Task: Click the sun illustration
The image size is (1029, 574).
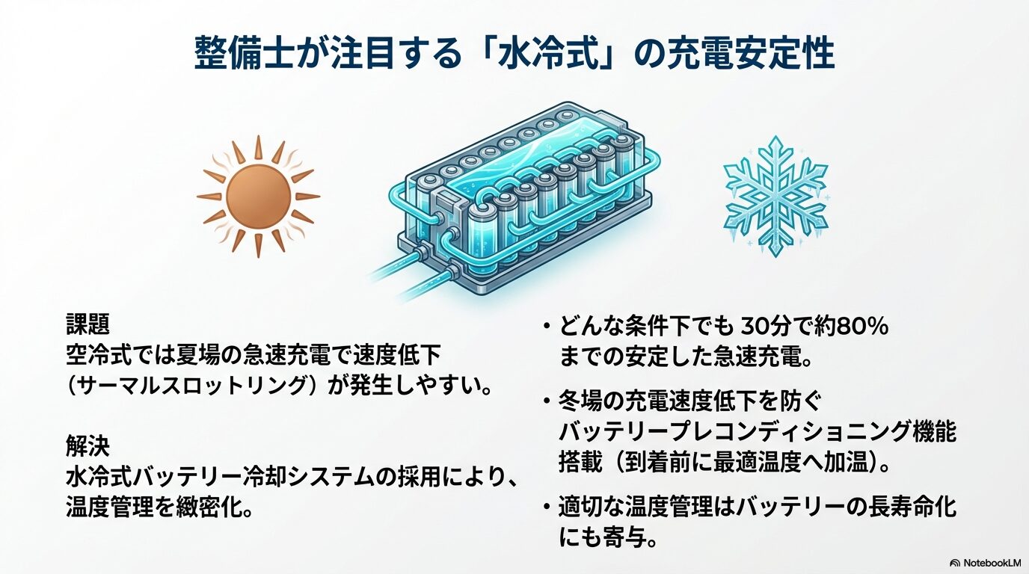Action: tap(258, 197)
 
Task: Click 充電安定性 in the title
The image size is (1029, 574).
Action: tap(749, 55)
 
